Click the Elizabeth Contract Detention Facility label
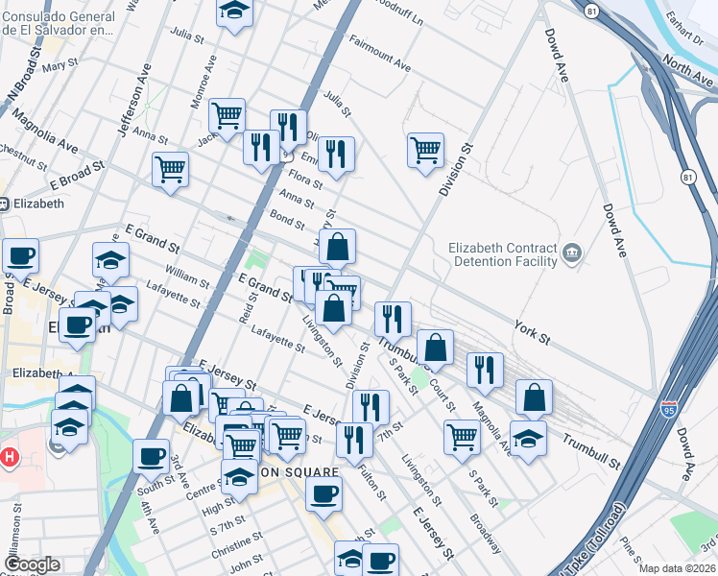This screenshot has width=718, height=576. [503, 254]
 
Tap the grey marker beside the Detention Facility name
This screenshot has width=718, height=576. [572, 253]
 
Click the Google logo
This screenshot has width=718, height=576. [32, 564]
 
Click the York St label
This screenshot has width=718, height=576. [532, 332]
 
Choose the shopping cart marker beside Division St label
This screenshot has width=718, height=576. [425, 150]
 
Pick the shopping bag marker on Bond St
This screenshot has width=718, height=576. [338, 248]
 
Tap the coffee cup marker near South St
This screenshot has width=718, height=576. [150, 457]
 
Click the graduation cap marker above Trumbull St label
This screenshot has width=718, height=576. [528, 438]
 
